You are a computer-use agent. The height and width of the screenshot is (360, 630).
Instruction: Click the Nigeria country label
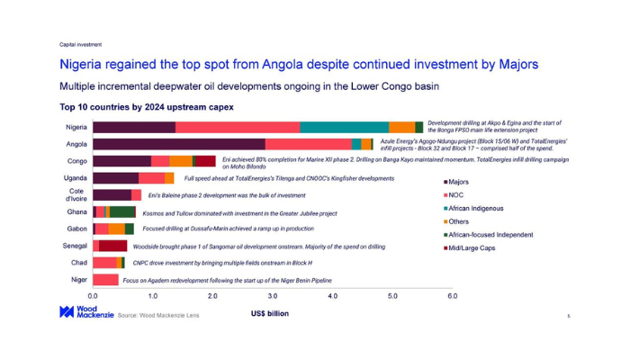pos(76,128)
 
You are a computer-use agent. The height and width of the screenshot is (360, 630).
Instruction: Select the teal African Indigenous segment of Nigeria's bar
pos(344,128)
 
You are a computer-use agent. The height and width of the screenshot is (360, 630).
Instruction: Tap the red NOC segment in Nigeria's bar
pos(238,128)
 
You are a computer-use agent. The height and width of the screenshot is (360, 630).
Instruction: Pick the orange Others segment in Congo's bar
pos(180,161)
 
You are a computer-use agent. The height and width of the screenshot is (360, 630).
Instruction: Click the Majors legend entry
pos(455,183)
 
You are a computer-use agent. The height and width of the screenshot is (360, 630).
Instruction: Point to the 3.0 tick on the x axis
pos(272,295)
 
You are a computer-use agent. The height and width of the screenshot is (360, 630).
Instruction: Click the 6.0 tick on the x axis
pos(452,295)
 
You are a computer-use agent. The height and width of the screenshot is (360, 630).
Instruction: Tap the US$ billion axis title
pos(270,314)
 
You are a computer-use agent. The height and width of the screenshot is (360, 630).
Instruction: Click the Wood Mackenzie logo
pos(79,312)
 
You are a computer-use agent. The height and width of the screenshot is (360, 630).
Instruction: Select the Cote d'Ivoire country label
pos(76,195)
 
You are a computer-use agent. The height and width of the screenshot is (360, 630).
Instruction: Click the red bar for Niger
pos(105,280)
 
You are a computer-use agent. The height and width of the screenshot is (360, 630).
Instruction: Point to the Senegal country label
pos(75,246)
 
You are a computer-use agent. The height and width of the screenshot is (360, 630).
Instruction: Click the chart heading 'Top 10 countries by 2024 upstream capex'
pos(146,107)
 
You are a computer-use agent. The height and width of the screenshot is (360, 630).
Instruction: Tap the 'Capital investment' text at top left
pos(80,44)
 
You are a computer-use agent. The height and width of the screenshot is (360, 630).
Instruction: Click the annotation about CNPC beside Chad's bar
pos(222,263)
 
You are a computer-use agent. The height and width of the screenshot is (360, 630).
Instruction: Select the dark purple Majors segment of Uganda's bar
pos(115,178)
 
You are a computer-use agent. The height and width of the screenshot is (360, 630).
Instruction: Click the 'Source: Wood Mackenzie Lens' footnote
pos(158,316)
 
